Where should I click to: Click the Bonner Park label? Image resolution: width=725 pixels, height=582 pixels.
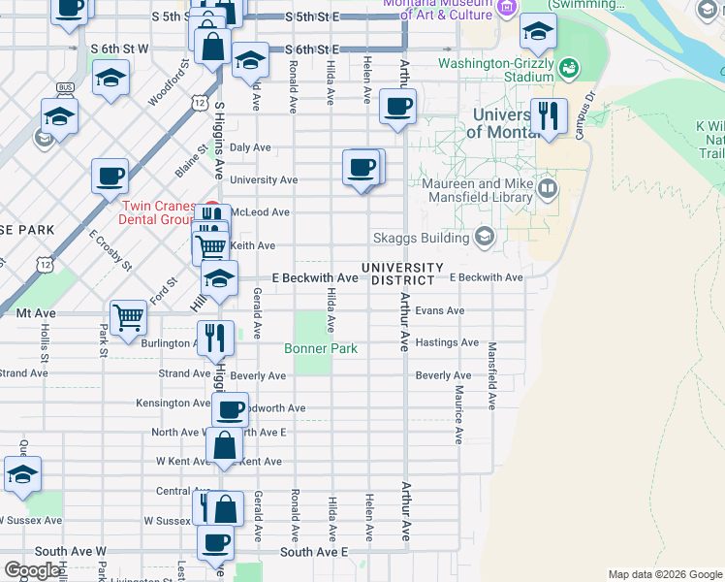click(321, 348)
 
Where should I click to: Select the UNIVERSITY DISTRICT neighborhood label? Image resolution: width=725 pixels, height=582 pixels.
click(402, 274)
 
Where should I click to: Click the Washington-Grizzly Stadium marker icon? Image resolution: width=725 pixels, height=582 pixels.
click(569, 68)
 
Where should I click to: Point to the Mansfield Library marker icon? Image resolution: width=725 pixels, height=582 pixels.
click(548, 186)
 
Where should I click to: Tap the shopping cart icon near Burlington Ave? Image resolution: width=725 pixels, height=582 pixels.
click(128, 316)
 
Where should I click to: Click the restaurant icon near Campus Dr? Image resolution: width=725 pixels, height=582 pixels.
click(550, 116)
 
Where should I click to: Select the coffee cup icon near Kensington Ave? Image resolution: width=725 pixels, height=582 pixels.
click(230, 409)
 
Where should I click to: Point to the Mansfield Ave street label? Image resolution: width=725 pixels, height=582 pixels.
click(492, 375)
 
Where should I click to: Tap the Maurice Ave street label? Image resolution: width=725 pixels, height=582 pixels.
click(458, 414)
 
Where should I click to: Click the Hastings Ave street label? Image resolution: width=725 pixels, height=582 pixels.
click(447, 342)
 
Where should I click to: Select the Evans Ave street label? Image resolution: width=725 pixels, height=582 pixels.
click(440, 311)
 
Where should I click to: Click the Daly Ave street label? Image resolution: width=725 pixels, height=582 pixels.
click(250, 147)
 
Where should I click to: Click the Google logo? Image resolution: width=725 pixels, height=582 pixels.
click(31, 570)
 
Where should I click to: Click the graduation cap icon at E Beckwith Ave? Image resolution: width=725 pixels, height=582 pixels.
click(220, 277)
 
